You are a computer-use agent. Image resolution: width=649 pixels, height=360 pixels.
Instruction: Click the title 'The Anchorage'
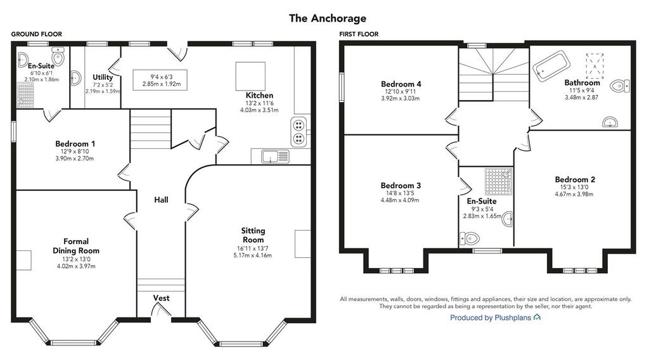pos(328,18)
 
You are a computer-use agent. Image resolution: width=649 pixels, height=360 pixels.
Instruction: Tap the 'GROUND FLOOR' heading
pos(36,34)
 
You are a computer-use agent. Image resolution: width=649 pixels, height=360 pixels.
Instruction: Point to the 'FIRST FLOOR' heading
pos(359,34)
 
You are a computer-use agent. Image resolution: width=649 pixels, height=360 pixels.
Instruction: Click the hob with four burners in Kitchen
pos(299,132)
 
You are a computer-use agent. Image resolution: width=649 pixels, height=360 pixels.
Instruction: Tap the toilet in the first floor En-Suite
pos(470,238)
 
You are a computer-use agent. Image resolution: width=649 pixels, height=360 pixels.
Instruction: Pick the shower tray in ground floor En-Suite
pos(25,95)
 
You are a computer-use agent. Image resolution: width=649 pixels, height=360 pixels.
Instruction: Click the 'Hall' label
pos(161,200)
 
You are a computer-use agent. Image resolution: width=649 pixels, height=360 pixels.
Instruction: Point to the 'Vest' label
pos(161,298)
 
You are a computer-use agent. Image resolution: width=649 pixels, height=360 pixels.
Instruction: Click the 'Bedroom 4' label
pos(401,84)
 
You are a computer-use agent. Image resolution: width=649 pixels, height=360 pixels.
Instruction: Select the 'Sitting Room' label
pos(253,235)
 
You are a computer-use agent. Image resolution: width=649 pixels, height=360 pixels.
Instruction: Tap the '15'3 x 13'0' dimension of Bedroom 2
pos(574,187)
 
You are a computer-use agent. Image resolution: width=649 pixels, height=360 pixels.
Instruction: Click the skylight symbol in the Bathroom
pos(594,66)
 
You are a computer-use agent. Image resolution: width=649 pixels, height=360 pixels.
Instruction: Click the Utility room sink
pos(76,78)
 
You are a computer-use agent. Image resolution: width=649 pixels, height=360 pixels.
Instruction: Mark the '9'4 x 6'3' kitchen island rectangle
pos(160,80)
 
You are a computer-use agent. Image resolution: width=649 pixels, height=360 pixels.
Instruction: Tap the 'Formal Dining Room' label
pos(76,246)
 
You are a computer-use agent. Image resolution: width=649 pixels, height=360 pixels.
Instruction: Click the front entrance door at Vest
pos(161,311)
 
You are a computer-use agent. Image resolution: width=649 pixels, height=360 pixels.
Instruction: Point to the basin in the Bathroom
pos(610,122)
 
